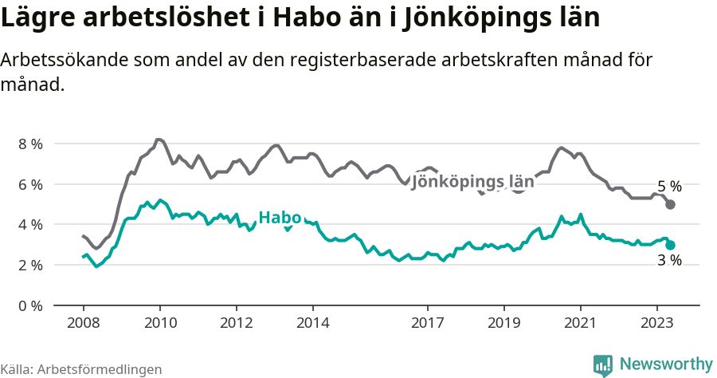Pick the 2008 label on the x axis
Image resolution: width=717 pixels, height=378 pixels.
click(83, 324)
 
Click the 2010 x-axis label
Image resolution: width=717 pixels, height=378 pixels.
click(159, 324)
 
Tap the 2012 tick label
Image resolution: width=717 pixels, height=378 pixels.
click(236, 324)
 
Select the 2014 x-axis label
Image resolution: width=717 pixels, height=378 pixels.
click(312, 324)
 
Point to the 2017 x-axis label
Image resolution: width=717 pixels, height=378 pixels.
click(427, 324)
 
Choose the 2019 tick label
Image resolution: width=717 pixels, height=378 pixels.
click(503, 324)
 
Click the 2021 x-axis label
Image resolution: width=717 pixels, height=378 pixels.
click(580, 324)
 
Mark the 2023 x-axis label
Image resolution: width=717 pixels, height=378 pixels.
click(656, 324)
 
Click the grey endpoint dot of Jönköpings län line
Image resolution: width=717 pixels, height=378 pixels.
click(670, 205)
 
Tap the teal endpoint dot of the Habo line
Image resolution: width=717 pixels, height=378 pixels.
click(670, 246)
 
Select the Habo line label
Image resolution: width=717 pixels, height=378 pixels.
click(280, 218)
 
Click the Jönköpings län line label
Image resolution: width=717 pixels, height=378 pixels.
click(472, 180)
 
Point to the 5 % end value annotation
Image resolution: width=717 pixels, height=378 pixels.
click(669, 187)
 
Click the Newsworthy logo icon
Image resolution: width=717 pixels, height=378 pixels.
click(603, 364)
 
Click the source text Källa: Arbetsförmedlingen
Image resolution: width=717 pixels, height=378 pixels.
click(81, 369)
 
